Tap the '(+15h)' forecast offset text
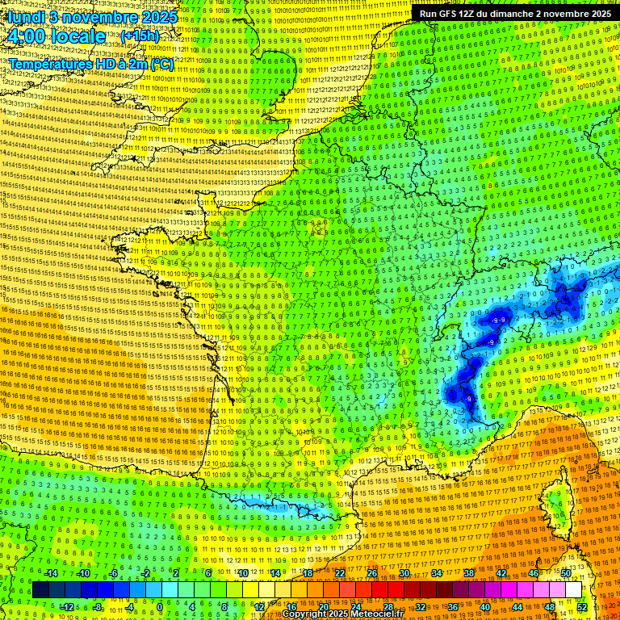[x=140, y=36]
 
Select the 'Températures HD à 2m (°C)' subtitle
[x=91, y=64]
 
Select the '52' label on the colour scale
[x=582, y=606]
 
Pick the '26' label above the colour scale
[x=372, y=573]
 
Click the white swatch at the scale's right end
[x=574, y=590]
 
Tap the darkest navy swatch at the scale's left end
[x=40, y=590]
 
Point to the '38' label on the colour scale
[x=469, y=573]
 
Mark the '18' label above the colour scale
[x=308, y=573]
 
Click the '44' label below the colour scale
[x=517, y=606]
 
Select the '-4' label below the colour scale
[x=129, y=606]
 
